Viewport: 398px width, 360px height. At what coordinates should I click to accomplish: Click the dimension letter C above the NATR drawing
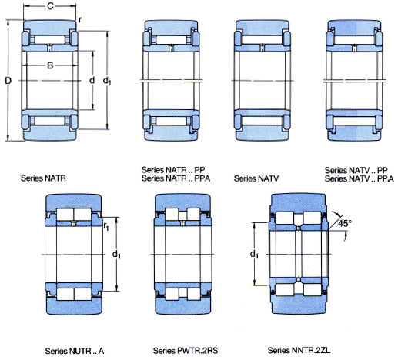[51, 6]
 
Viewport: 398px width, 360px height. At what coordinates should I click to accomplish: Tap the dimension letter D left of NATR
[8, 81]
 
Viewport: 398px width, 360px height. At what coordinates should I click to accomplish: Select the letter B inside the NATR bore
[50, 65]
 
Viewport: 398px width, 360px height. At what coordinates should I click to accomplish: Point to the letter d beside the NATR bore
[92, 80]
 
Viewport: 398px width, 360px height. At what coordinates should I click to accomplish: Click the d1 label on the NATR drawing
[107, 81]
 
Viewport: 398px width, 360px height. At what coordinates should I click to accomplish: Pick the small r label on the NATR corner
[80, 20]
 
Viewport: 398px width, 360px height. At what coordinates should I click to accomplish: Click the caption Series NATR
[43, 178]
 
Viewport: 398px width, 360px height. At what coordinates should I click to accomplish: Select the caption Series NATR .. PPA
[176, 178]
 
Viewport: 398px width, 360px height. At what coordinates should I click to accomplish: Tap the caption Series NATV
[256, 178]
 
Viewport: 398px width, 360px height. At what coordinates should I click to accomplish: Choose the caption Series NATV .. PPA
[360, 178]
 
